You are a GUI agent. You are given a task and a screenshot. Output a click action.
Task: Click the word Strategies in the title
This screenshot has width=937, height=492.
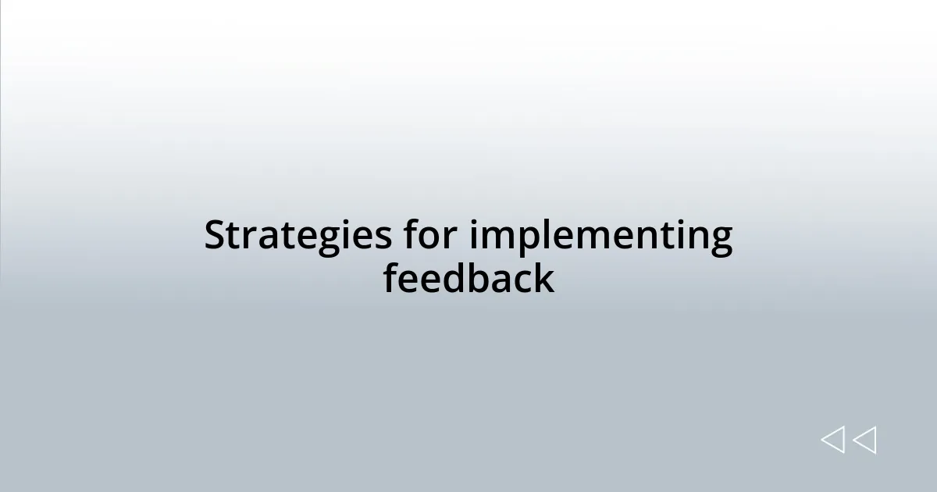click(x=297, y=236)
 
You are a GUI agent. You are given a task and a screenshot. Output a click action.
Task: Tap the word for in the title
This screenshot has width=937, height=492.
click(x=429, y=236)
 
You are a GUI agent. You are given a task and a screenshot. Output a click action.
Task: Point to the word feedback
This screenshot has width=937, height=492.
click(x=468, y=279)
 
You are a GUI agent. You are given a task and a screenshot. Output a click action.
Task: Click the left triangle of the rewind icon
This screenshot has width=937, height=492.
click(x=832, y=440)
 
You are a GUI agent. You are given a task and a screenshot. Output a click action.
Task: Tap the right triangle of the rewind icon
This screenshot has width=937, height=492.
click(x=864, y=440)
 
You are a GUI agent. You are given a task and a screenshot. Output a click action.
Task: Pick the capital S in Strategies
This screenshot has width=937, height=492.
click(x=215, y=236)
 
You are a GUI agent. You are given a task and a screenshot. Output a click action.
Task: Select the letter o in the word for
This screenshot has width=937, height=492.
click(x=430, y=238)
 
